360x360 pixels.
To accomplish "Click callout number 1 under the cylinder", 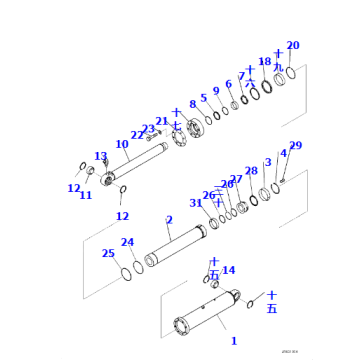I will click(x=233, y=341).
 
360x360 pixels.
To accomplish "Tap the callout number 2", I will click(x=169, y=220).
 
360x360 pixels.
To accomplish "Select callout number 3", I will click(x=267, y=162).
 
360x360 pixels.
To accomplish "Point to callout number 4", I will click(x=283, y=153).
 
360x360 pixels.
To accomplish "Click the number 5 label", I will click(x=204, y=98).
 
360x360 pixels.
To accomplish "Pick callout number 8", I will click(x=193, y=104).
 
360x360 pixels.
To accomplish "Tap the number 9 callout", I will click(x=215, y=91).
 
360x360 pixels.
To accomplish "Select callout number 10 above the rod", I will click(x=122, y=144).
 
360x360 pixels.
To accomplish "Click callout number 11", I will click(x=85, y=195).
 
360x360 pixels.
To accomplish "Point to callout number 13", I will click(x=100, y=156).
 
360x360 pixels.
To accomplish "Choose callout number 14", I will click(x=229, y=270).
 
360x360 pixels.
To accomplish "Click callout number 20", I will click(x=292, y=45).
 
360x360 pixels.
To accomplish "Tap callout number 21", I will click(x=162, y=122).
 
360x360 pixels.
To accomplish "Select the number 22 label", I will click(x=138, y=135).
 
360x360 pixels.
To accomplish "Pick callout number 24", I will click(x=127, y=242).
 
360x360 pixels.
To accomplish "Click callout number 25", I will click(x=108, y=253).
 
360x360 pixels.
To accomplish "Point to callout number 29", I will click(x=295, y=146).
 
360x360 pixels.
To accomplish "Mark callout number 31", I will click(x=196, y=204).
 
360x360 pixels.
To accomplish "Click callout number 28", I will click(x=251, y=171).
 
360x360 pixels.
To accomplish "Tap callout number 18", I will click(x=264, y=62).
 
